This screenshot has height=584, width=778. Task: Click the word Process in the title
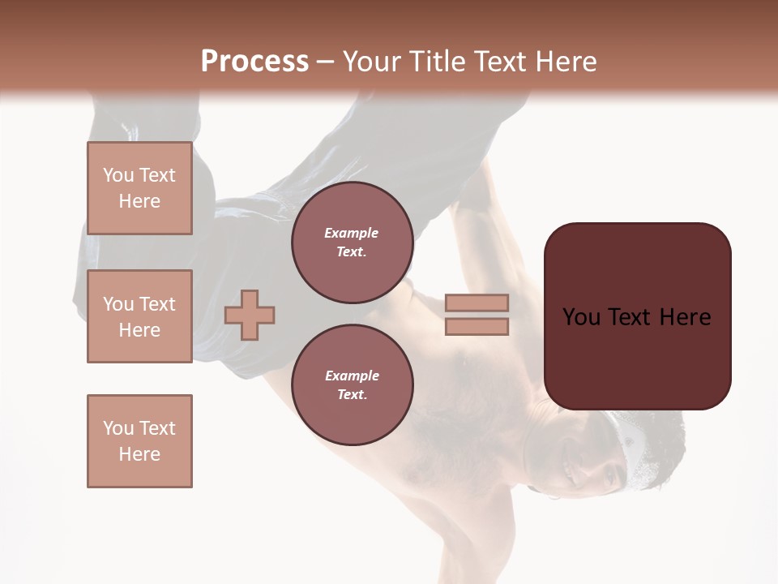[254, 62]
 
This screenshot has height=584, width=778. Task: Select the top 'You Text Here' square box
[139, 188]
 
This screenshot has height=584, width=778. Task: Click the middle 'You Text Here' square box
[139, 316]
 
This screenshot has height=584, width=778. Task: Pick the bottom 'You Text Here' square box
[139, 440]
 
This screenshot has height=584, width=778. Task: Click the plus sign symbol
[250, 315]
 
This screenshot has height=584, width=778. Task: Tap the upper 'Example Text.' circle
[352, 242]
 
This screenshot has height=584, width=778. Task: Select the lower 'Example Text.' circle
[352, 384]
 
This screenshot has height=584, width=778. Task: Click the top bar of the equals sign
[477, 303]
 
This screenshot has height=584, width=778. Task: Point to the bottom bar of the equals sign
[477, 327]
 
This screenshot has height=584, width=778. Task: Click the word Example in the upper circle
[352, 233]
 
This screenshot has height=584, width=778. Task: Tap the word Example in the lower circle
[352, 376]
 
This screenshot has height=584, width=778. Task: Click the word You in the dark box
[581, 317]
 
